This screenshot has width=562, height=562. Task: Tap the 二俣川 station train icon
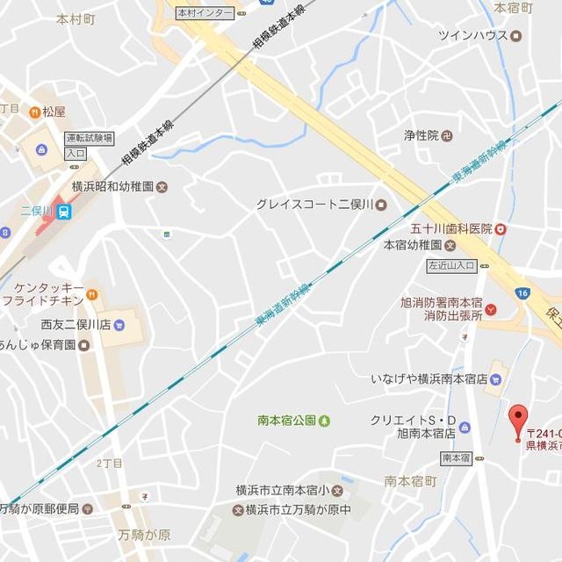[63, 211]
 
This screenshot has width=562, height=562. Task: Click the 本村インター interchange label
[205, 13]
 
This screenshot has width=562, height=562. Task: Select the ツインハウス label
[473, 35]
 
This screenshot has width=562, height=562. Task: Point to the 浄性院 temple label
[421, 135]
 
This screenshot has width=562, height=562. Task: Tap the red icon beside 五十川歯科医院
[501, 228]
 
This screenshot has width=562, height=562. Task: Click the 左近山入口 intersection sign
[451, 264]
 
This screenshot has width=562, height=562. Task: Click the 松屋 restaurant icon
[34, 112]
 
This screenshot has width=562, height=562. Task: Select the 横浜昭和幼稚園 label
[113, 187]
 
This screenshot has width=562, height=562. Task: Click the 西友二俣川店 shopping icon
[119, 325]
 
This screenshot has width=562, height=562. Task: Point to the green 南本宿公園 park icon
[325, 421]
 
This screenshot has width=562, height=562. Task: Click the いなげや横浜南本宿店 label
[428, 379]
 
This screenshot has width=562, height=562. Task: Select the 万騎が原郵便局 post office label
[39, 508]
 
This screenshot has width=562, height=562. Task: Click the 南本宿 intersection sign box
[457, 458]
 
